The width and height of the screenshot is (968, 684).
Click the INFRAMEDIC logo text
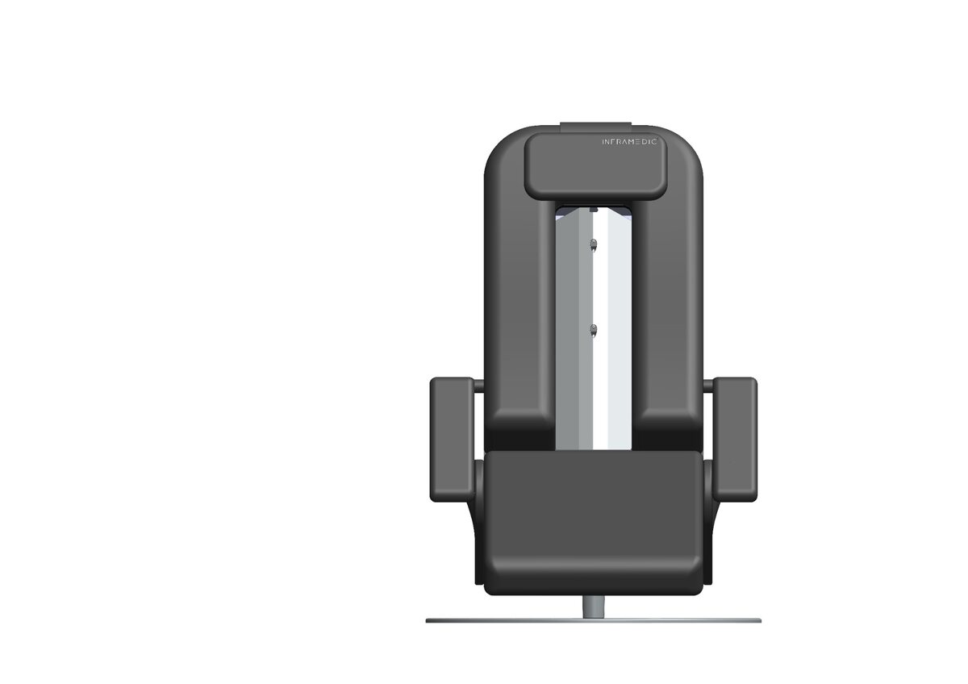pos(630,142)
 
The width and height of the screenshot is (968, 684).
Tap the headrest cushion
pos(595,166)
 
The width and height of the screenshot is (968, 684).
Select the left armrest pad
pos(452,440)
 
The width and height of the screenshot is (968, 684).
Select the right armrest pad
pos(735,440)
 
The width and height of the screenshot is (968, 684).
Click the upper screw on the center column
pos(594,245)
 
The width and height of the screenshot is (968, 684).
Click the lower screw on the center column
pos(594,331)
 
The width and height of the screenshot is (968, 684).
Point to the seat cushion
pos(594,523)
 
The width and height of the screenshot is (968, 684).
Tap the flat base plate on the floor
pos(594,620)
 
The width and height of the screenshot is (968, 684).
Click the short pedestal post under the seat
pos(594,607)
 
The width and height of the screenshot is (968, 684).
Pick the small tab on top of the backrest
pos(596,126)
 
